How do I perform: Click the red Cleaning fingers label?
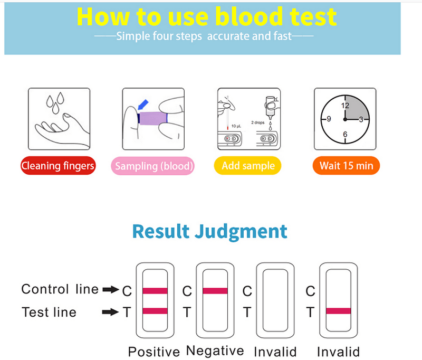(58, 166)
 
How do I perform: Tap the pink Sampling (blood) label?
(153, 166)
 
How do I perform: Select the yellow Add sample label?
(247, 166)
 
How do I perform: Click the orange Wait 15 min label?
(347, 166)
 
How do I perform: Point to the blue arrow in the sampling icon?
(143, 105)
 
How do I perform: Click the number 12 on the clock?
(346, 106)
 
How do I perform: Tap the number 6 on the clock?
(346, 134)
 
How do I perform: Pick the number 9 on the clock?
(329, 119)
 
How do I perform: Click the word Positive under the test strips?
(154, 352)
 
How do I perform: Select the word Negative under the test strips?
(215, 351)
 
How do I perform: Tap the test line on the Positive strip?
(155, 311)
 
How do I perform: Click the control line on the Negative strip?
(215, 291)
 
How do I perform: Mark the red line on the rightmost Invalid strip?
(338, 311)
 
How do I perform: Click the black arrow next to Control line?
(111, 289)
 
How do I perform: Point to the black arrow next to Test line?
(110, 312)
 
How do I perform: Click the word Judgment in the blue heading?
(241, 232)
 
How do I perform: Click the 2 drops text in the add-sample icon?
(258, 123)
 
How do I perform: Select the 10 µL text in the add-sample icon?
(236, 126)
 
